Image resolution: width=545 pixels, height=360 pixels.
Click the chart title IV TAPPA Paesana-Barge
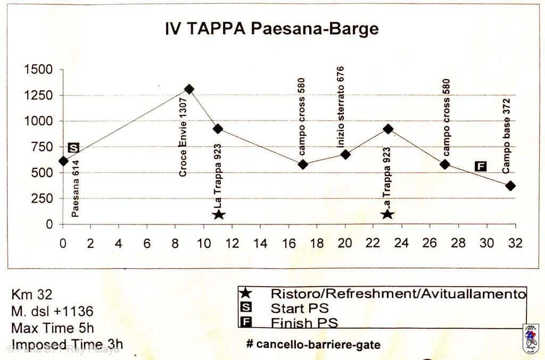272,29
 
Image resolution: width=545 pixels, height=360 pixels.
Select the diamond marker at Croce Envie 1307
189,89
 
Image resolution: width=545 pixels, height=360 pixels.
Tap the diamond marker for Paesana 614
63,161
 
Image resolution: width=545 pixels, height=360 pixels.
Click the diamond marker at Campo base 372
510,186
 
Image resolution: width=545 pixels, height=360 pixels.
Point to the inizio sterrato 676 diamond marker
345,154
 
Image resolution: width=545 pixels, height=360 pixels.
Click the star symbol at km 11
219,214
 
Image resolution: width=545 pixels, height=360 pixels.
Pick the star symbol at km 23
387,214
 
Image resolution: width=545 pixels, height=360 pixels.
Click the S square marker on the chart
74,147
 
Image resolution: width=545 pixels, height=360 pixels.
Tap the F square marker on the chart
481,166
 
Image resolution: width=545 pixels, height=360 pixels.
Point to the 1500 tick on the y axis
38,70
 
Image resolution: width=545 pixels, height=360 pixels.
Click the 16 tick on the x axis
289,243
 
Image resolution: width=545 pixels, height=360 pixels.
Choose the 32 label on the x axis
515,243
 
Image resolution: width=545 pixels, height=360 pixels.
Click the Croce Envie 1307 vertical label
183,137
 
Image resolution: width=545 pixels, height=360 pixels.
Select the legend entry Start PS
300,308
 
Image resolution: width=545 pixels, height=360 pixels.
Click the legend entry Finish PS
304,322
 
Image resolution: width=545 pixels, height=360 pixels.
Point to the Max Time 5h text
52,328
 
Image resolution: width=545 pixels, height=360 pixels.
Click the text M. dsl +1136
52,311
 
